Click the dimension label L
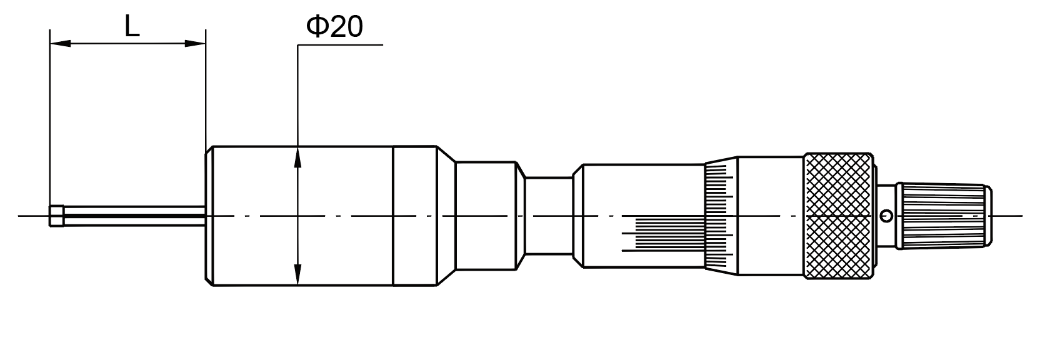(x=131, y=26)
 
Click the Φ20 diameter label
(x=334, y=26)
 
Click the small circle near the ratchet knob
(x=885, y=216)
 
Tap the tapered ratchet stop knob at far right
(x=944, y=216)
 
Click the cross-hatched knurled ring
(x=839, y=216)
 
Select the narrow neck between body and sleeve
(x=548, y=216)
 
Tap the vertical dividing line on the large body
(x=394, y=187)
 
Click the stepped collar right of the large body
(x=486, y=216)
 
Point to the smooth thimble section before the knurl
(x=770, y=216)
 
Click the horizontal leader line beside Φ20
(x=341, y=46)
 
